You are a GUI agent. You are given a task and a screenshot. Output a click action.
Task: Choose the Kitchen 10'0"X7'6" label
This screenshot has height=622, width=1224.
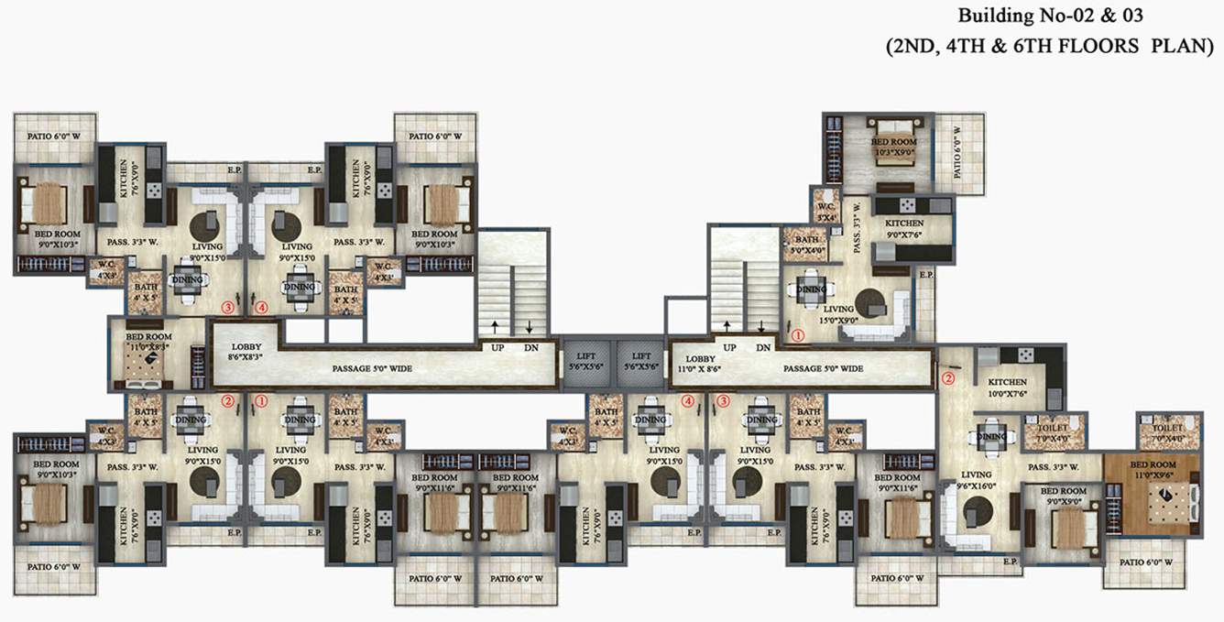[1007, 387]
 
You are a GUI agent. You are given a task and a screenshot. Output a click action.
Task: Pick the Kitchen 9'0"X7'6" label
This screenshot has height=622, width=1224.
[904, 229]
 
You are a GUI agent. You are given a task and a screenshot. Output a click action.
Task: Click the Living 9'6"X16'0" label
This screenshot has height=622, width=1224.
[980, 480]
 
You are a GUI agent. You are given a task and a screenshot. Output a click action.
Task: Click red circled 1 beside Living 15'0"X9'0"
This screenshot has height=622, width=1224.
[798, 335]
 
